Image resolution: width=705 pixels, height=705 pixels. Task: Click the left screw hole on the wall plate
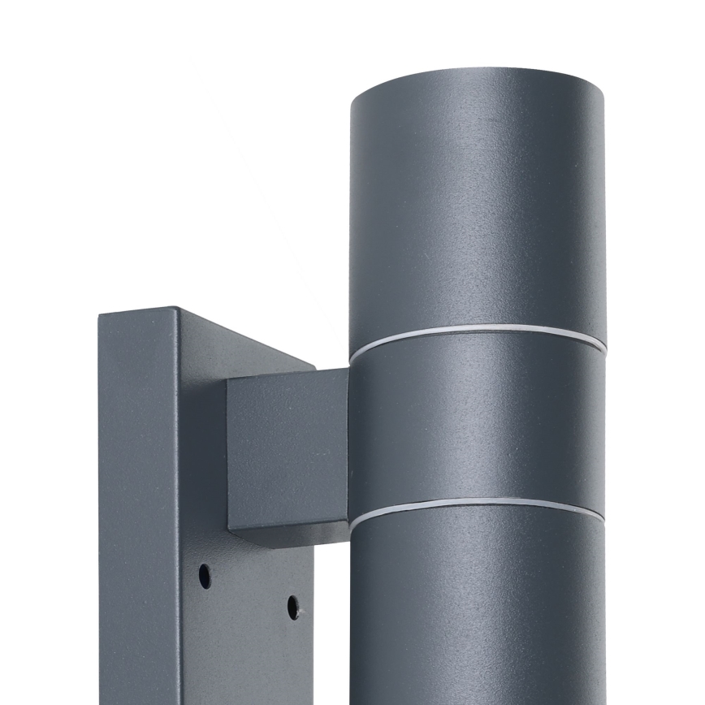[205, 576]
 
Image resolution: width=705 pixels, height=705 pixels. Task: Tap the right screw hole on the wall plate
[293, 606]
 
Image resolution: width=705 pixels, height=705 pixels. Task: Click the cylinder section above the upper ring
[478, 203]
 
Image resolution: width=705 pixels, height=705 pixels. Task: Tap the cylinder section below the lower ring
[478, 609]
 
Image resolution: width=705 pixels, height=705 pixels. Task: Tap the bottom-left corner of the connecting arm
[230, 529]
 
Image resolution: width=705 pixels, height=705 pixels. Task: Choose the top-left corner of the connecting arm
[228, 379]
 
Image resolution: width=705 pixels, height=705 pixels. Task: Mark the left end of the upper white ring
[352, 358]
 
